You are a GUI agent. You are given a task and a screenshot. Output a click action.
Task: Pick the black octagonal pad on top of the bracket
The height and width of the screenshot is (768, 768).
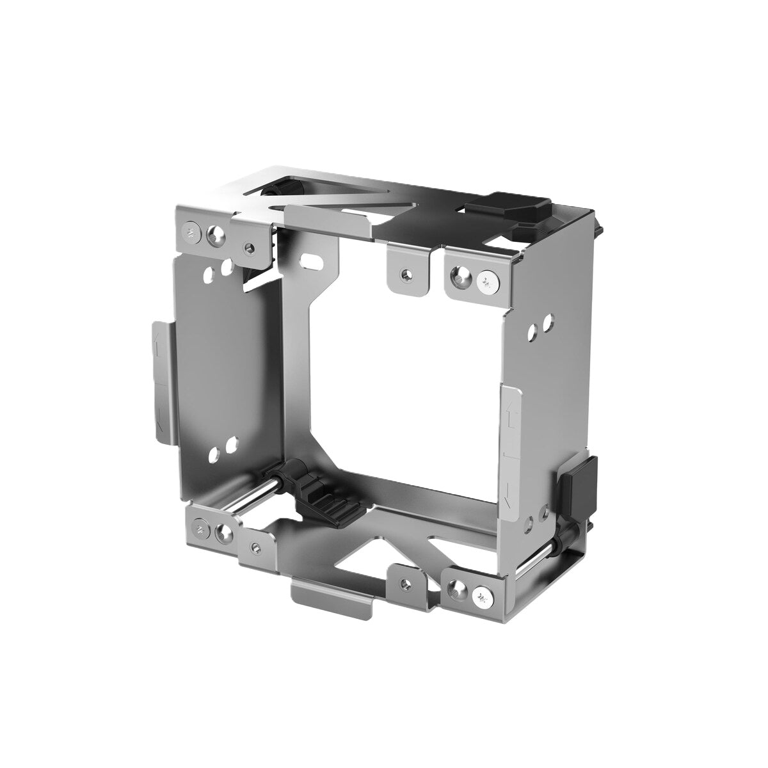click(508, 207)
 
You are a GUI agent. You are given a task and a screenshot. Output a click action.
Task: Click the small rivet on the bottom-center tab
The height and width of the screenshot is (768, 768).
click(404, 583)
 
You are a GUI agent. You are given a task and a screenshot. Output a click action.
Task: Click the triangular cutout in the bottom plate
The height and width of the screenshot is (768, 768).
click(362, 554)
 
